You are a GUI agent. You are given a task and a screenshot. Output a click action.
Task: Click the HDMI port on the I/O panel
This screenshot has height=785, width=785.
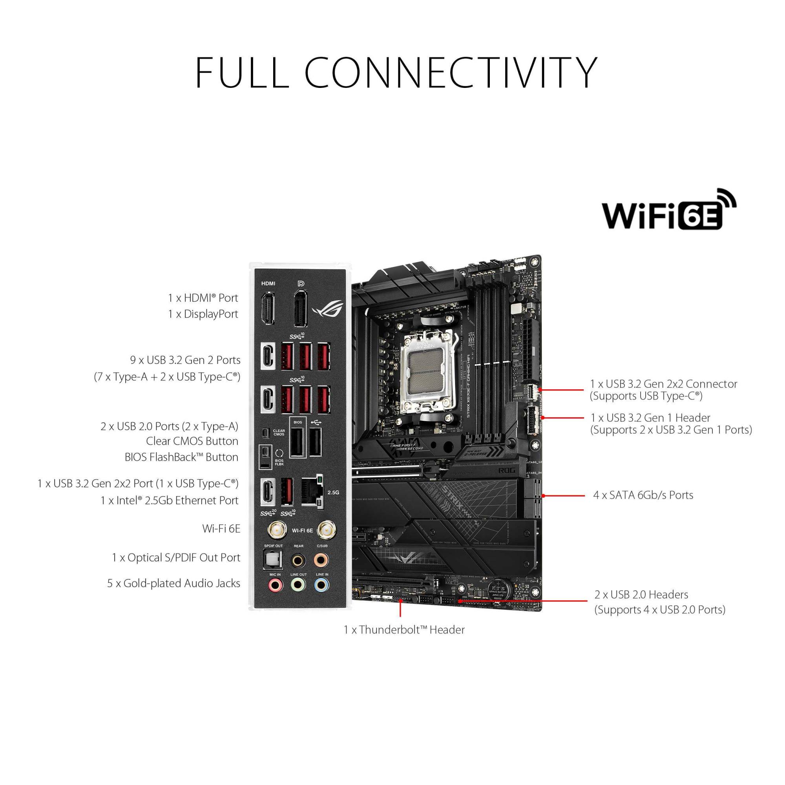267,309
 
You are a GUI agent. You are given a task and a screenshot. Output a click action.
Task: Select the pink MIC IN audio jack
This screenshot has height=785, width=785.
275,586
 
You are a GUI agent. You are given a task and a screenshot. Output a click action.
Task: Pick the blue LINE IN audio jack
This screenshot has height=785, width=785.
322,586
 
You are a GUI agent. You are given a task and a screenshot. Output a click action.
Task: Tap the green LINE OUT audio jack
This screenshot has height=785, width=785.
298,586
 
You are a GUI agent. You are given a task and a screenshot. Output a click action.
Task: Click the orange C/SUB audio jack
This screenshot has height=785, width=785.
321,560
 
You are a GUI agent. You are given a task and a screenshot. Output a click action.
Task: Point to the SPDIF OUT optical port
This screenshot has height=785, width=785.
273,560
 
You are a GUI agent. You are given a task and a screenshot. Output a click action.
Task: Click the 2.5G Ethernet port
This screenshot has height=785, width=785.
312,492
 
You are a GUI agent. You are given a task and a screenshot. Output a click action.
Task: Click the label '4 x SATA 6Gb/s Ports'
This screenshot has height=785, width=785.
643,495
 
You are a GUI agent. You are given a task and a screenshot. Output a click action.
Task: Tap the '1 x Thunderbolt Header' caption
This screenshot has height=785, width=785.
404,630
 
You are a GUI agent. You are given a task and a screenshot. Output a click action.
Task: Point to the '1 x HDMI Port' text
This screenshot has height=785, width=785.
203,298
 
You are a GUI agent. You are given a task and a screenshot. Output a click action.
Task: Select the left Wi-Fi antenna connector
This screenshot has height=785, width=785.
277,530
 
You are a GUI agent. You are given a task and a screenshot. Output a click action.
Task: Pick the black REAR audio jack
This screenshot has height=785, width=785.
298,560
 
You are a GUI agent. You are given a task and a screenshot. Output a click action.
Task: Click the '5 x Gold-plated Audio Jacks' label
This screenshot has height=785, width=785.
173,584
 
